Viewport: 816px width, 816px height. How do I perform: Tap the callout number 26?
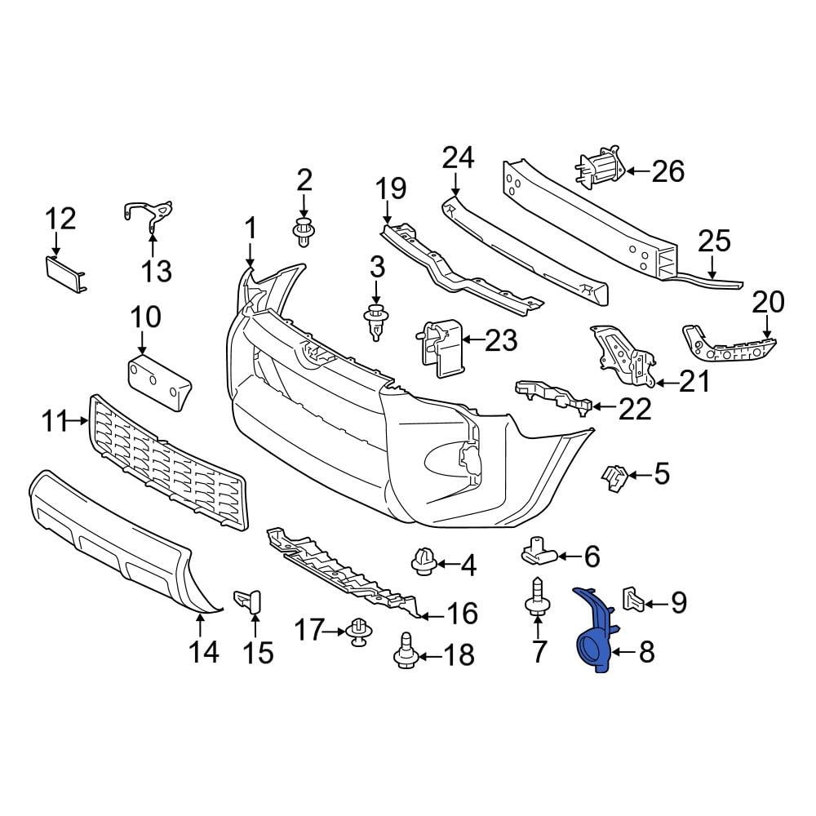pos(667,171)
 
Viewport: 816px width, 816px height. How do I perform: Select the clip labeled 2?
pos(304,233)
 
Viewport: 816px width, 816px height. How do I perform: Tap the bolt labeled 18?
pos(406,652)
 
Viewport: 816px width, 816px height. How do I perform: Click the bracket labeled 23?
pos(441,348)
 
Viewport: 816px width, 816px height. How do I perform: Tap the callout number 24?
pos(458,158)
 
